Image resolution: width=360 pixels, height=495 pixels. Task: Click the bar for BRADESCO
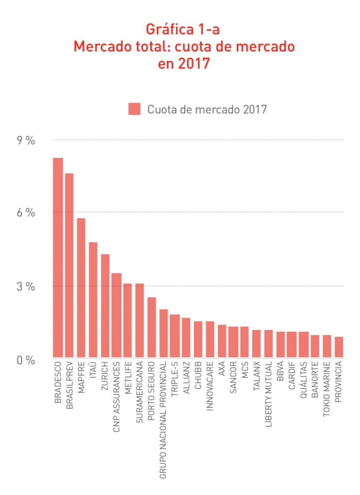point(58,258)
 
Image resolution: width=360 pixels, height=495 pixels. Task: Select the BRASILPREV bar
point(69,266)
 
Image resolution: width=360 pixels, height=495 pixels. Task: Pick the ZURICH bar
point(105,306)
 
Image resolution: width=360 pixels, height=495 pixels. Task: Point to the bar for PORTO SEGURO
point(152,327)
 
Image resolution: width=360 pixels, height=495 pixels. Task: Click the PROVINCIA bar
point(339,347)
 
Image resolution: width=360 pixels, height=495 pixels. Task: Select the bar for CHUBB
point(198,339)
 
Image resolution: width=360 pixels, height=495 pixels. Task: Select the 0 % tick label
point(26,360)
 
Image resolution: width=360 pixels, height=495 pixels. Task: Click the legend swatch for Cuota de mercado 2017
point(134,109)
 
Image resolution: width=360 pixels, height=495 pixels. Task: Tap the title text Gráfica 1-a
point(183,30)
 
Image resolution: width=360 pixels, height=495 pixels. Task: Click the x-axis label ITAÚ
point(93,373)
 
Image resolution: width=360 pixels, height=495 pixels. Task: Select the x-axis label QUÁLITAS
point(304,382)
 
